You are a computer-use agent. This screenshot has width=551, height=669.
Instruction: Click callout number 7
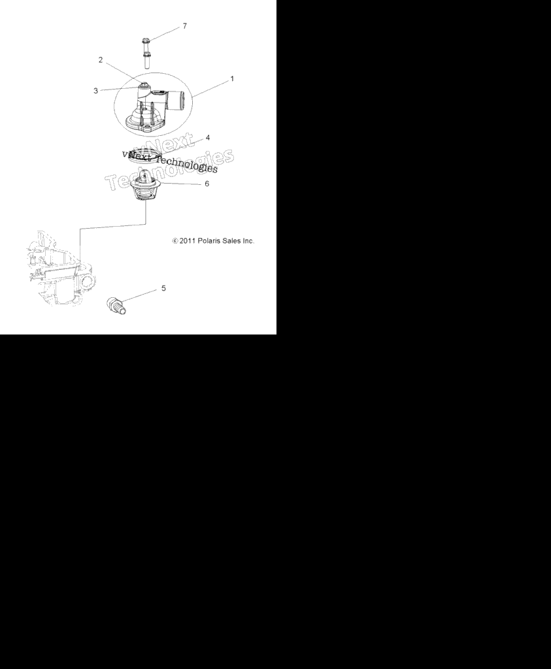pos(185,26)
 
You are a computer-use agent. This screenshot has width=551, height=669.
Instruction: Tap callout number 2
pos(101,59)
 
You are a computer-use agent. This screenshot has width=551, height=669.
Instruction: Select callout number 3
pos(95,90)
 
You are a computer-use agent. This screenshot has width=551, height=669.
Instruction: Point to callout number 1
pos(232,78)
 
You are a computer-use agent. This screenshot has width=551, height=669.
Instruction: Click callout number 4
pos(208,138)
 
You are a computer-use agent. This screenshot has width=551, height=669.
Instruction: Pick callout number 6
pos(207,184)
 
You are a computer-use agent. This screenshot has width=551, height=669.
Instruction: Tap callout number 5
pos(163,288)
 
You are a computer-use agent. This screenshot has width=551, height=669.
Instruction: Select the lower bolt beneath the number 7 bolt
pos(147,60)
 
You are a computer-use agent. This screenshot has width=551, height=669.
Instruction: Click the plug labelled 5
pos(116,306)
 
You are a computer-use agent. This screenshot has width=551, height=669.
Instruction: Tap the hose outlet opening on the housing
pos(182,101)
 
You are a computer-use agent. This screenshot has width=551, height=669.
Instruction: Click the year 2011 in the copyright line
pos(188,240)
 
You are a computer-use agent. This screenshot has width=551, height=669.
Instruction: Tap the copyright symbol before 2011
pos(175,241)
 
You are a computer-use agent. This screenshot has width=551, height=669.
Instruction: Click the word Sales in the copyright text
pos(232,240)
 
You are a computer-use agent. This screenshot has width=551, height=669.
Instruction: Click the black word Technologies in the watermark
pos(186,163)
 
